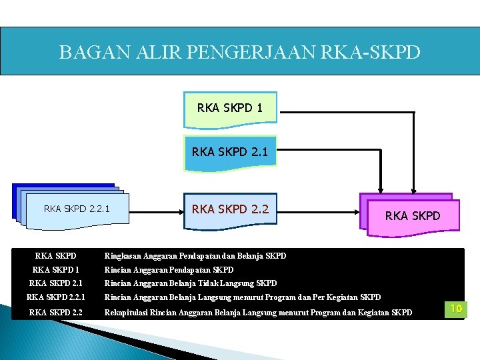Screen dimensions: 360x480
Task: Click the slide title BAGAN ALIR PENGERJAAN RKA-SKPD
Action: pos(239,52)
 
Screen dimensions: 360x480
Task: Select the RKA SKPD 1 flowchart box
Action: pos(230,107)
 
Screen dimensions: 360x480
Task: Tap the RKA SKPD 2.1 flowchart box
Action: pos(230,151)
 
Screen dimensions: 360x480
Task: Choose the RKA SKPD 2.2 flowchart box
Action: pos(230,209)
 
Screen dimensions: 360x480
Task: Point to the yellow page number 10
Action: pos(456,309)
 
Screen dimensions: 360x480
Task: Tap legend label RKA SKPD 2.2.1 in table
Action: pos(56,297)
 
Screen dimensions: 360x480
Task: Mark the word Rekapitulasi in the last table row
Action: pos(127,312)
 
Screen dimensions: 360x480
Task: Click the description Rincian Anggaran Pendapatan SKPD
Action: pos(169,270)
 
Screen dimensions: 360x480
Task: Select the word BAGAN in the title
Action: pos(87,52)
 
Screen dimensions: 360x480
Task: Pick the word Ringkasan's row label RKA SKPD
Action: pos(56,256)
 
